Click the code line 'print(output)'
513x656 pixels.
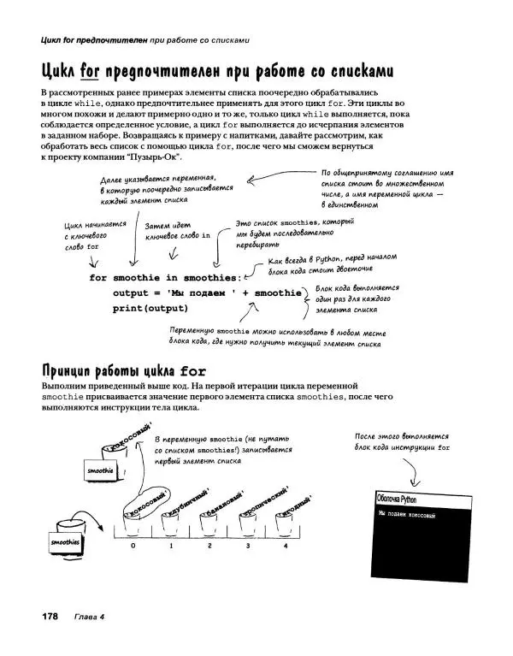tap(150, 309)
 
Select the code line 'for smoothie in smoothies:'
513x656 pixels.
tap(165, 278)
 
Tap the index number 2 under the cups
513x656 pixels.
tap(209, 545)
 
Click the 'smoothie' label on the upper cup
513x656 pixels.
tap(100, 470)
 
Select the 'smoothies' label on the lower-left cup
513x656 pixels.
tap(65, 542)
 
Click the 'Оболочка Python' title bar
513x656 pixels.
tap(398, 498)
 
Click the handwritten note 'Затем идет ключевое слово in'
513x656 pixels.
tap(177, 230)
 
